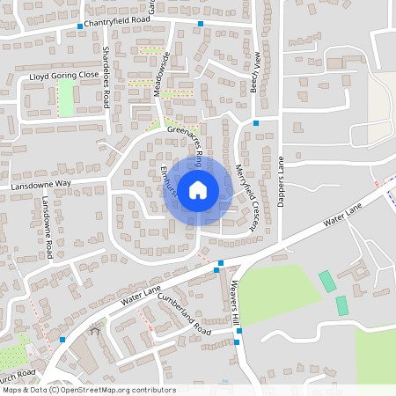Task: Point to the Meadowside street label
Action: pos(162,71)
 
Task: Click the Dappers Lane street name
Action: pos(282,182)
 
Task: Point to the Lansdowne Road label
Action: pos(49,229)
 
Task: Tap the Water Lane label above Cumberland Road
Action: pos(142,296)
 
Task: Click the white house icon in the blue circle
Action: pos(198,188)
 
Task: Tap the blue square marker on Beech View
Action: pos(256,122)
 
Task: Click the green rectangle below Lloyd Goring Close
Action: pos(66,99)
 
